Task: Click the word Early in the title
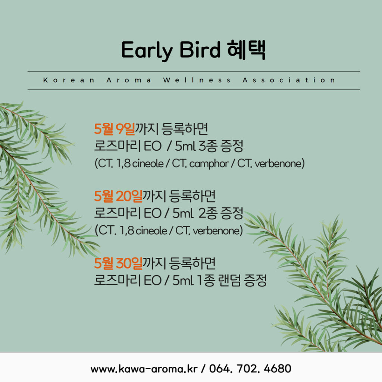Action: point(147,51)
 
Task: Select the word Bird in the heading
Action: point(200,50)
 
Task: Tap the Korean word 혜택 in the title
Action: point(246,50)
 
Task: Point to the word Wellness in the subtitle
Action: point(197,80)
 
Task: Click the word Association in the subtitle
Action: point(289,80)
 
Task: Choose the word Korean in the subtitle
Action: point(69,80)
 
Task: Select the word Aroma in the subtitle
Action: point(129,80)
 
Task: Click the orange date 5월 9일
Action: point(115,129)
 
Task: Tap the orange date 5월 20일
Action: point(118,196)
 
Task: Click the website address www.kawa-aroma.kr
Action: point(144,369)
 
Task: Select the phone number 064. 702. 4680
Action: point(250,369)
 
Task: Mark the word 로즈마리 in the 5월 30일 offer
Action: point(118,281)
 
